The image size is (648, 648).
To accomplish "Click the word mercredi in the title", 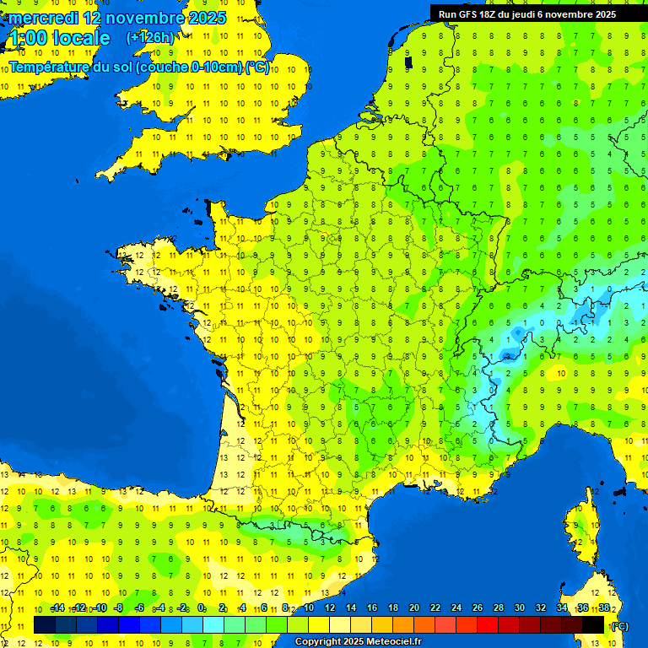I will [x=42, y=18].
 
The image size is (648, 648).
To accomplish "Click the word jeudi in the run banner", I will [x=536, y=14].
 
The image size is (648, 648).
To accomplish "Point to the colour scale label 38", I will [x=603, y=607].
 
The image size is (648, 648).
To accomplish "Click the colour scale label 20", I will [x=414, y=607].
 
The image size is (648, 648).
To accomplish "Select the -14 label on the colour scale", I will [x=57, y=607].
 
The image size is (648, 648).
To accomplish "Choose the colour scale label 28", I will [x=499, y=607].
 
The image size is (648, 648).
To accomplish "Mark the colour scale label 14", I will [x=351, y=607].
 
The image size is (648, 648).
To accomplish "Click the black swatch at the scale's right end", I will [x=593, y=624].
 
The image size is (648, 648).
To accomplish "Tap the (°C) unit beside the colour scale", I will [x=619, y=625].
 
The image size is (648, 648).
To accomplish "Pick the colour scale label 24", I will [x=456, y=607].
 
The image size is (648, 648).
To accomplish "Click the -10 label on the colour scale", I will [x=100, y=607].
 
